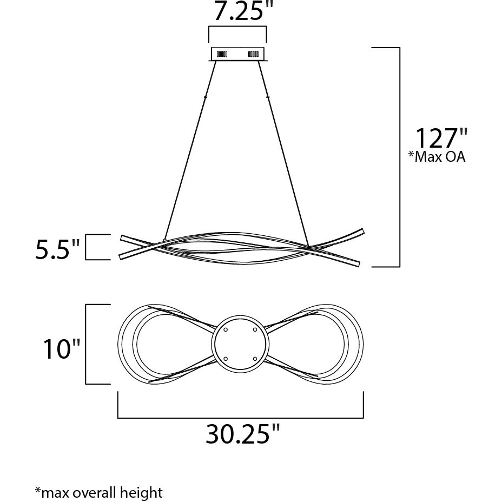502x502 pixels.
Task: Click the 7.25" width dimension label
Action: click(237, 11)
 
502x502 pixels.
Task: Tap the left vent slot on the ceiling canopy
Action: click(222, 54)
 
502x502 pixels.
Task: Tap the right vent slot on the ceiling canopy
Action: click(253, 54)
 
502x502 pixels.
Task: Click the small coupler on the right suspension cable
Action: click(268, 97)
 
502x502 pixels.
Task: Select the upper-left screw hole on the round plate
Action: click(226, 329)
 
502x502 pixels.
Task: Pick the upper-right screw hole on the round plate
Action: click(254, 329)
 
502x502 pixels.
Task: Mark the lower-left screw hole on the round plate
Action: click(226, 358)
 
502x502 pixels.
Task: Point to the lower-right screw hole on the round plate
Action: click(254, 358)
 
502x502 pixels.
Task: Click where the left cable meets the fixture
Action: click(164, 240)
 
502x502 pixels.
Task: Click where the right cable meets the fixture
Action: click(308, 248)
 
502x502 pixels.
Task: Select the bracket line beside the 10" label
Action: click(87, 344)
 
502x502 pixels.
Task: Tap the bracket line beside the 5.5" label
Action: click(87, 247)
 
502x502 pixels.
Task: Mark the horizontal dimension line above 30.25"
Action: click(240, 418)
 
